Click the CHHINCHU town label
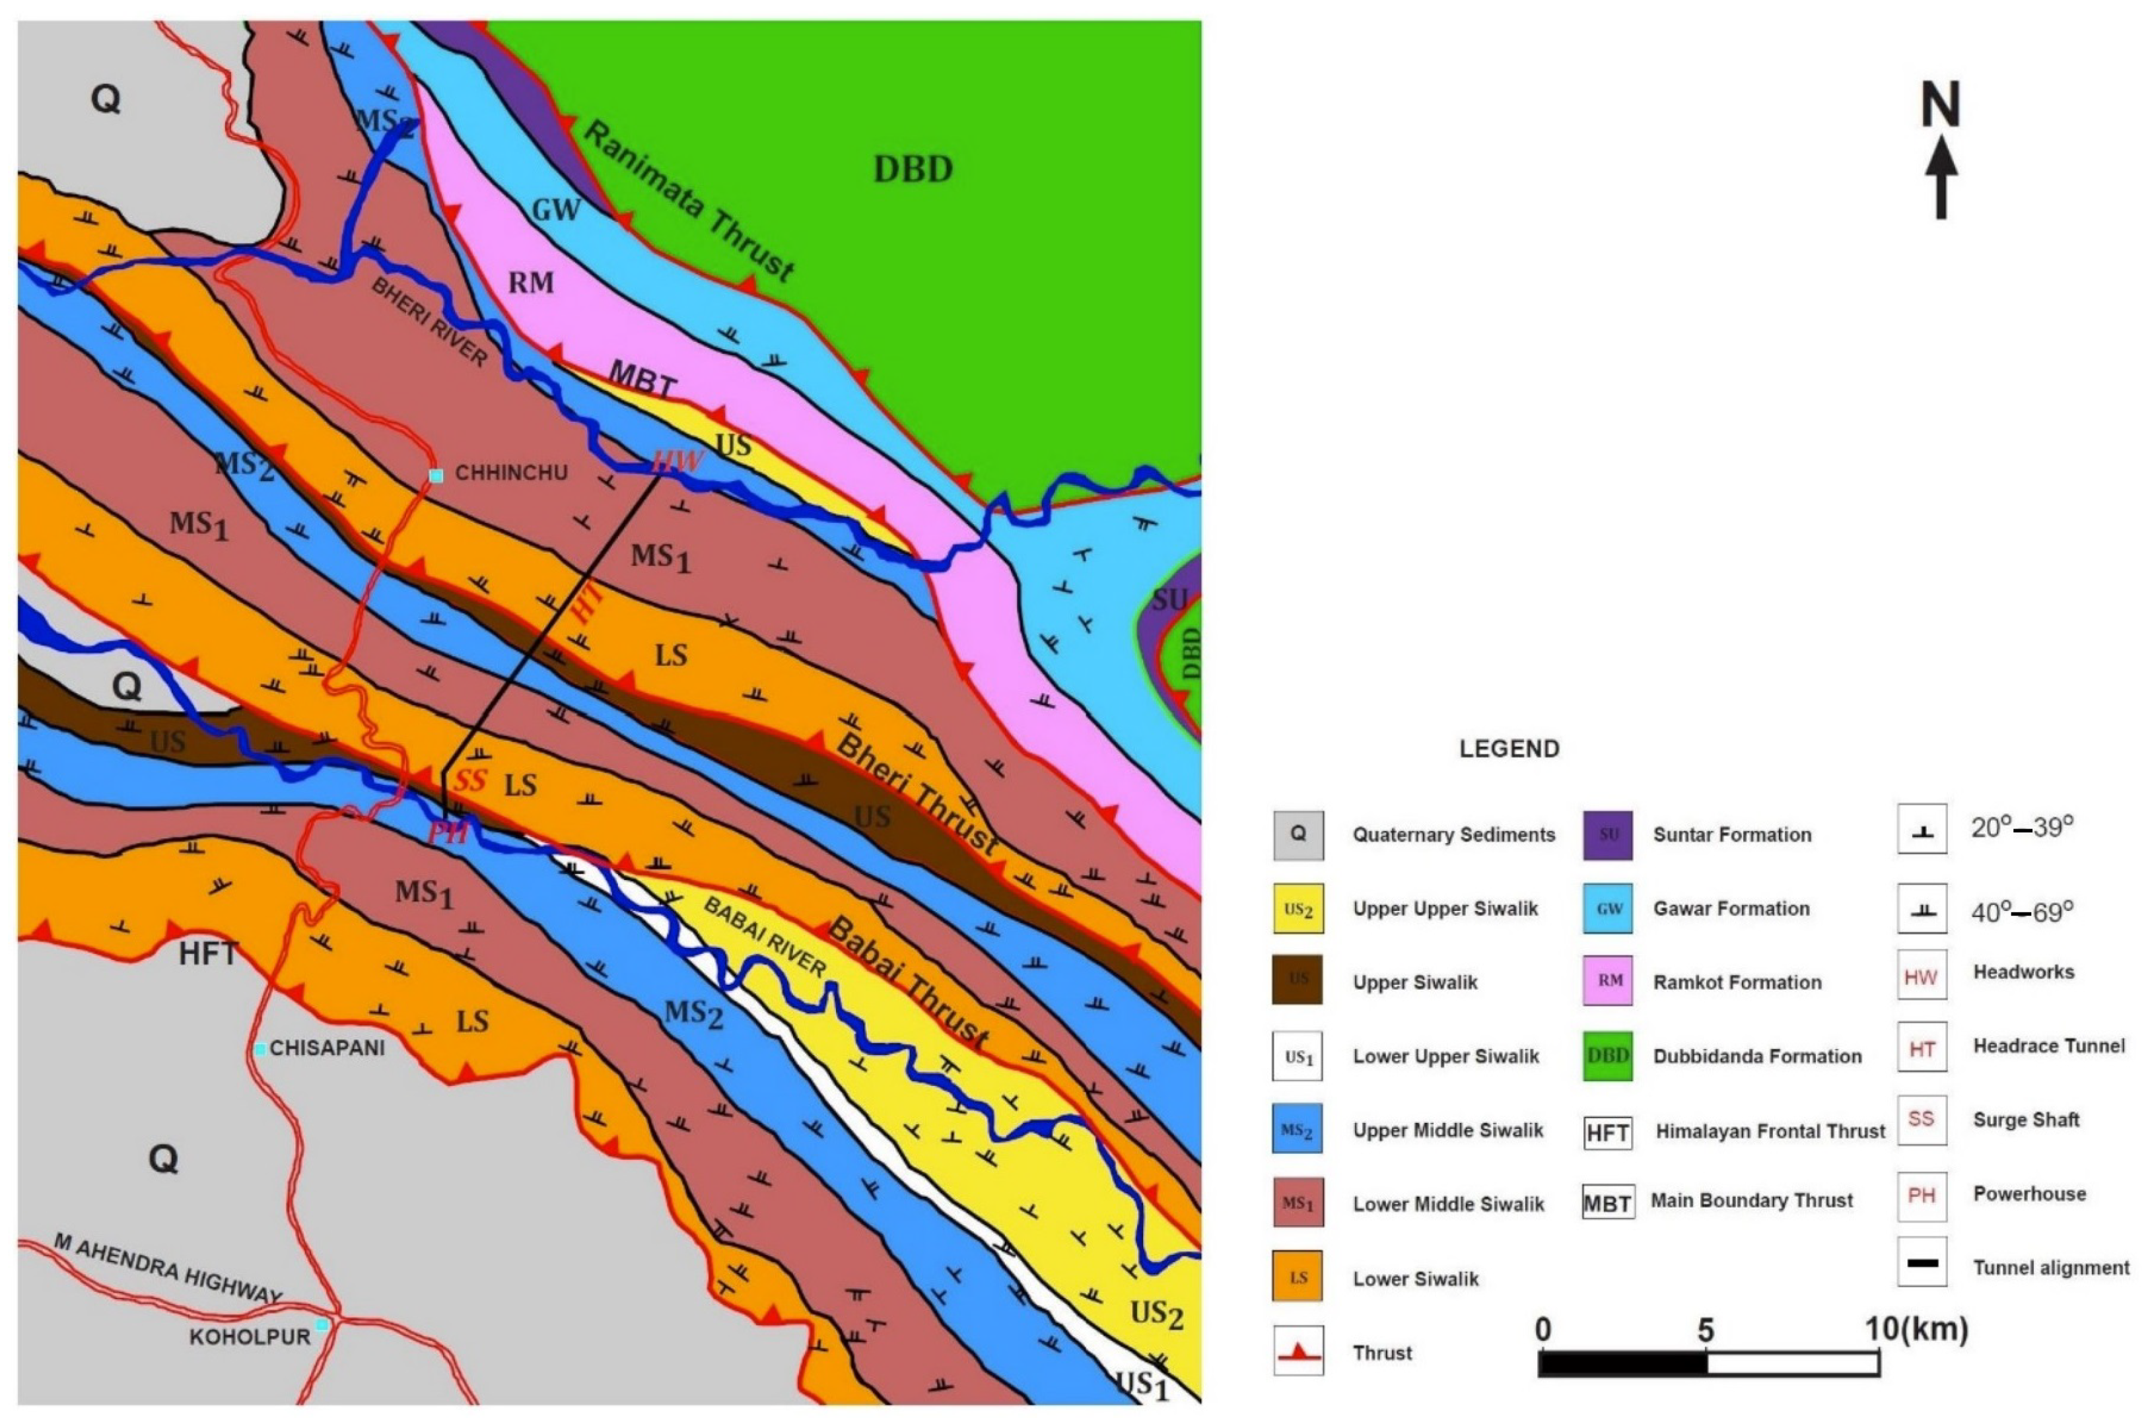pos(511,473)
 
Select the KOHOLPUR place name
pos(250,1337)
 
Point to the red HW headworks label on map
pos(677,462)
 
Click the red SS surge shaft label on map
pos(470,782)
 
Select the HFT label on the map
pos(208,954)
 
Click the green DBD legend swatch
pos(1607,1056)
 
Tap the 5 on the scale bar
pos(1704,1330)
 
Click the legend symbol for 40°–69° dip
pos(1921,910)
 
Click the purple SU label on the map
pos(1169,599)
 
